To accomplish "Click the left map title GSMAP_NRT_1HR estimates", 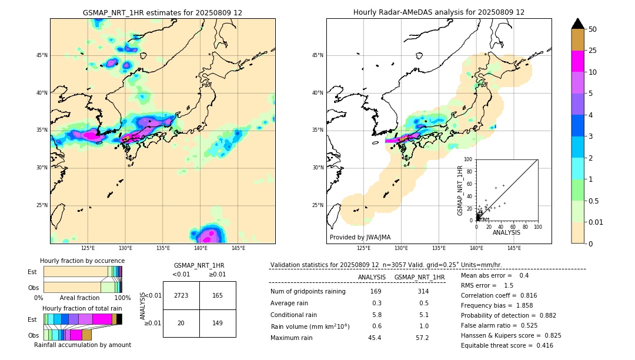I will tap(162, 12).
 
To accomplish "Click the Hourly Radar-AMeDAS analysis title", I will tap(439, 12).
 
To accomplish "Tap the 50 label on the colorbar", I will tap(593, 29).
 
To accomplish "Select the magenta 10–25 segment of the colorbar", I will tap(577, 61).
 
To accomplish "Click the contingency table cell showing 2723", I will tap(181, 295).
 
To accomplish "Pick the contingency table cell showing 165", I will tap(218, 295).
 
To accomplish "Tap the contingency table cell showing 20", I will tap(181, 323).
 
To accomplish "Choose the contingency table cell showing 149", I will tap(218, 323).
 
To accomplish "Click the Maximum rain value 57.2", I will tap(422, 338).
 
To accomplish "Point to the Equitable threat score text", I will tap(507, 345).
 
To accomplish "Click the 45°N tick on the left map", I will tap(42, 55).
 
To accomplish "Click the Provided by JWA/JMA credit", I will tap(360, 237).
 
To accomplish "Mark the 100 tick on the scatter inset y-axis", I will tap(468, 159).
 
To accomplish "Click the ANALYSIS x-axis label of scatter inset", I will tap(506, 232).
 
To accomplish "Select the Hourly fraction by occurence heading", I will tap(82, 261).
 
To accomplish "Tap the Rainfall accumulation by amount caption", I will tap(82, 345).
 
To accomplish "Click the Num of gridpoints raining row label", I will tap(308, 291).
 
